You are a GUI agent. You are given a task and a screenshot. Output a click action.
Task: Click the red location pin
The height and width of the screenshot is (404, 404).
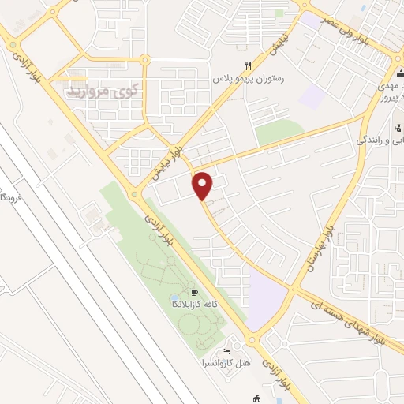[x=203, y=185]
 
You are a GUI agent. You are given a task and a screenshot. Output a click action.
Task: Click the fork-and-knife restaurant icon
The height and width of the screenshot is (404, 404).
[x=249, y=65]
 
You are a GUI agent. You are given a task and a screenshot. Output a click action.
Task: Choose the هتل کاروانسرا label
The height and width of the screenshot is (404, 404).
[x=230, y=365]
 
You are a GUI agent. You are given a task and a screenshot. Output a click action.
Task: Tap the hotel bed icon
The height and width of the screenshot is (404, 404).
[x=226, y=352]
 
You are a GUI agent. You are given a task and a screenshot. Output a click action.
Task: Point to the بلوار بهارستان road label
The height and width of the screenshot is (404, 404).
[x=319, y=244]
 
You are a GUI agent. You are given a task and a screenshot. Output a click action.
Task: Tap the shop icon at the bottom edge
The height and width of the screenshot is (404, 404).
[x=256, y=399]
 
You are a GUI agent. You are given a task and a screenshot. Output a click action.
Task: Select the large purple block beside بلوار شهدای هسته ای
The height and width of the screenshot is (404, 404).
[x=266, y=295]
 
